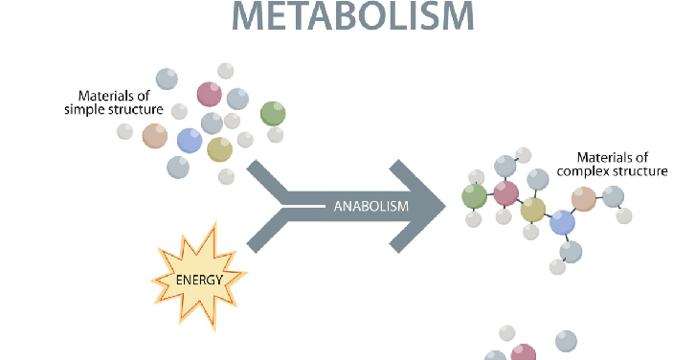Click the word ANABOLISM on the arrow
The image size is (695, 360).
pos(371,206)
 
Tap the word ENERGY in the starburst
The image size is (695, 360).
pos(199,281)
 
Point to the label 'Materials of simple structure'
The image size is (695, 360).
pos(121,102)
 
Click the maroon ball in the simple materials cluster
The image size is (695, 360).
pos(209,94)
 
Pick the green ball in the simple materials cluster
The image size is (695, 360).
pos(273,113)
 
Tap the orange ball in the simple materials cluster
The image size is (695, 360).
pos(155,135)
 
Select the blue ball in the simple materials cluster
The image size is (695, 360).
pos(190,141)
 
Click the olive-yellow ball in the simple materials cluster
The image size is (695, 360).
pos(219,148)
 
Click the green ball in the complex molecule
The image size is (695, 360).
pos(474,196)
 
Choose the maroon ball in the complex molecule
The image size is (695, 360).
pos(505,192)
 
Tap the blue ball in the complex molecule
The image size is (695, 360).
pos(562,223)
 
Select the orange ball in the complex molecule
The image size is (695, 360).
pos(583,198)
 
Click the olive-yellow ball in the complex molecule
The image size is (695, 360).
pos(533,209)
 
